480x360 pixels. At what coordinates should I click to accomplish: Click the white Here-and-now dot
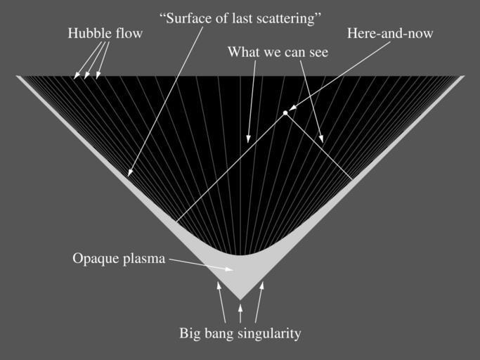pyautogui.click(x=285, y=112)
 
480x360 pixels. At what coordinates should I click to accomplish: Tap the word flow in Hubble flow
pyautogui.click(x=129, y=34)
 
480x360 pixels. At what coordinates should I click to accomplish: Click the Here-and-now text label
pyautogui.click(x=390, y=34)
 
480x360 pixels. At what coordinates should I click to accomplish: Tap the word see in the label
pyautogui.click(x=316, y=52)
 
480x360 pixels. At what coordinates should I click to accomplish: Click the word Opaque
pyautogui.click(x=94, y=259)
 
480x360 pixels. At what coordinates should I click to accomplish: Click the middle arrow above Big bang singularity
pyautogui.click(x=240, y=312)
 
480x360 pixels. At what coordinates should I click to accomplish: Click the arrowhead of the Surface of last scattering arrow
pyautogui.click(x=130, y=173)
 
